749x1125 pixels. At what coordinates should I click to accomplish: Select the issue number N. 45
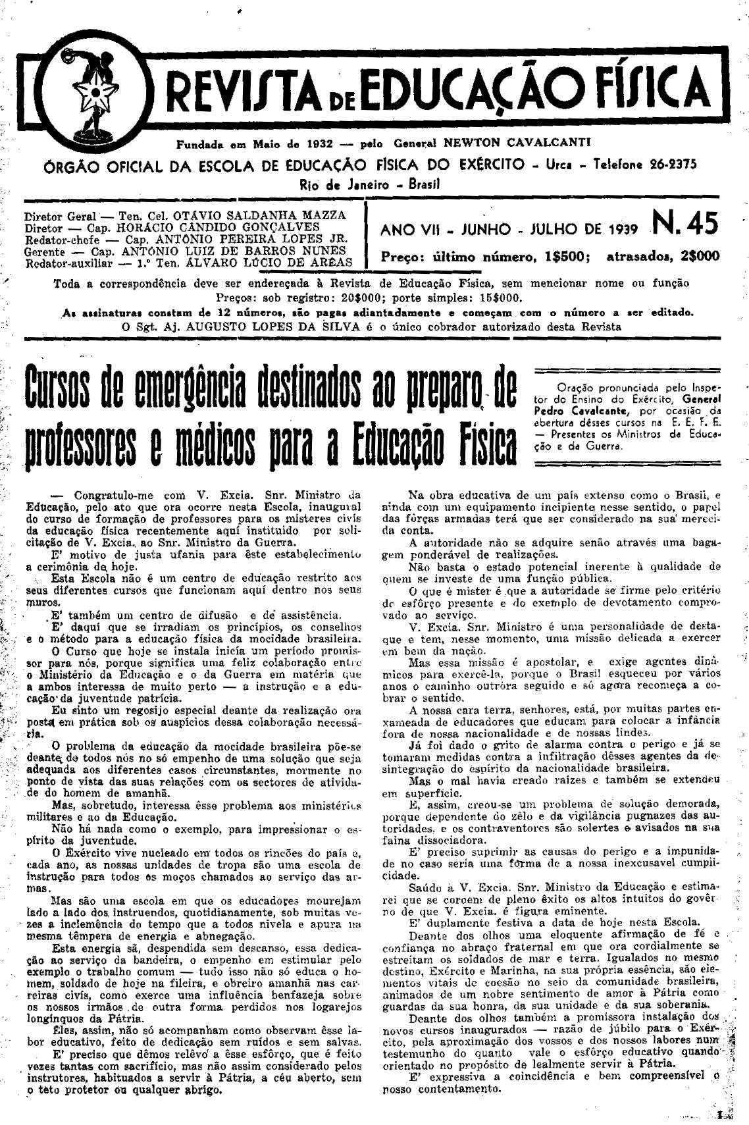[684, 226]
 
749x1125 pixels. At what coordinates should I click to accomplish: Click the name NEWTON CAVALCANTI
[517, 142]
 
